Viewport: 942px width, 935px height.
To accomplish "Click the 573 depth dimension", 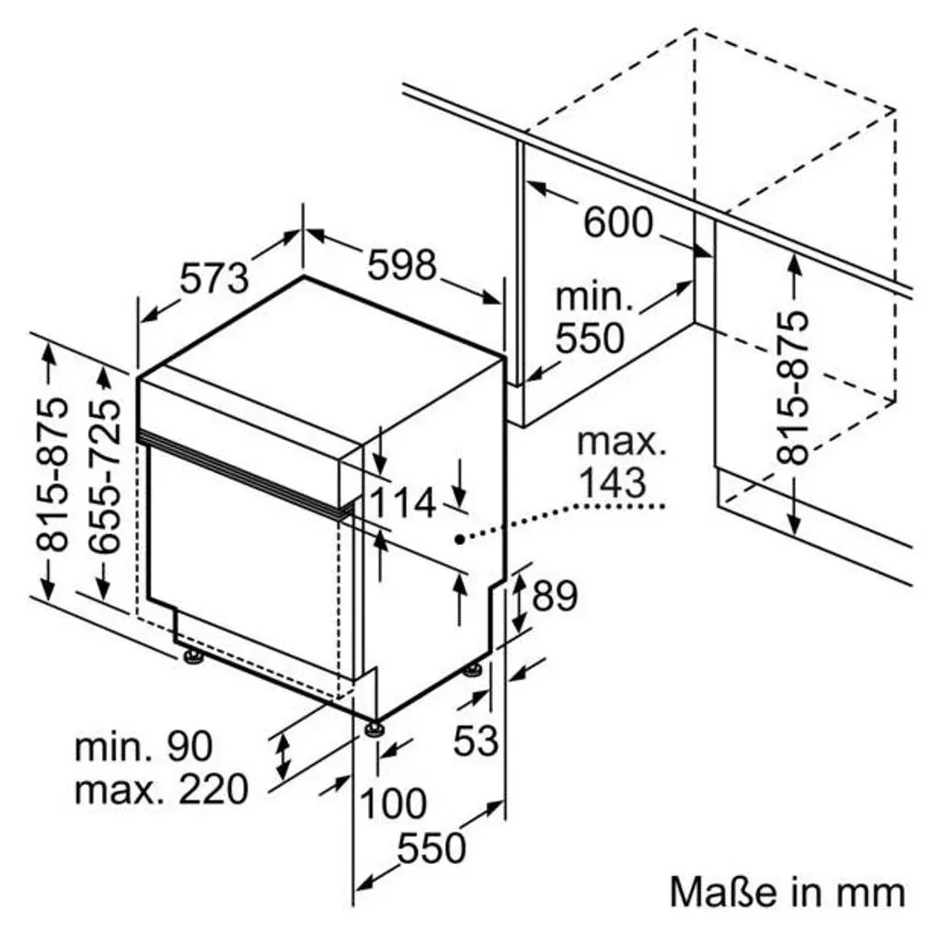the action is pyautogui.click(x=214, y=278).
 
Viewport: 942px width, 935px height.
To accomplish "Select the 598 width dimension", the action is pyautogui.click(x=402, y=264).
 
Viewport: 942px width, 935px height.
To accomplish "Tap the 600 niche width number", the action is pyautogui.click(x=618, y=222).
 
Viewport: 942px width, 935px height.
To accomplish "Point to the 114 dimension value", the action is pyautogui.click(x=402, y=502).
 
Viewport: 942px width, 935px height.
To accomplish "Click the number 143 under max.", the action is pyautogui.click(x=614, y=482).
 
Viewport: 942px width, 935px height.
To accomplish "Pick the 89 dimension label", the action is pyautogui.click(x=555, y=595).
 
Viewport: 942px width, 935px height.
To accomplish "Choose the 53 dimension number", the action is pyautogui.click(x=476, y=740).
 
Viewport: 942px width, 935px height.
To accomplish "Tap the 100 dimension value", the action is pyautogui.click(x=393, y=802).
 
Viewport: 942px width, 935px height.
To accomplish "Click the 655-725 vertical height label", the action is pyautogui.click(x=105, y=476).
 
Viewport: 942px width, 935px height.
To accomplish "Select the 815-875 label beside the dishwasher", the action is pyautogui.click(x=52, y=474).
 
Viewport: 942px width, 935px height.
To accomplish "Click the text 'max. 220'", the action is pyautogui.click(x=161, y=789).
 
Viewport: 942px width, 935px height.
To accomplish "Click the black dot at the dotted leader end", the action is pyautogui.click(x=460, y=539).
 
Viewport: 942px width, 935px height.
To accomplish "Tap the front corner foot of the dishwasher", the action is pyautogui.click(x=373, y=728).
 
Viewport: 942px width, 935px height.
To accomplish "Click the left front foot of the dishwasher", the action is pyautogui.click(x=193, y=657).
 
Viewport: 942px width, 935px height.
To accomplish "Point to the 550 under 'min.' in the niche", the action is pyautogui.click(x=590, y=338).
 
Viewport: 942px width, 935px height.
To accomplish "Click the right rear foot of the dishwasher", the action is pyautogui.click(x=473, y=669).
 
